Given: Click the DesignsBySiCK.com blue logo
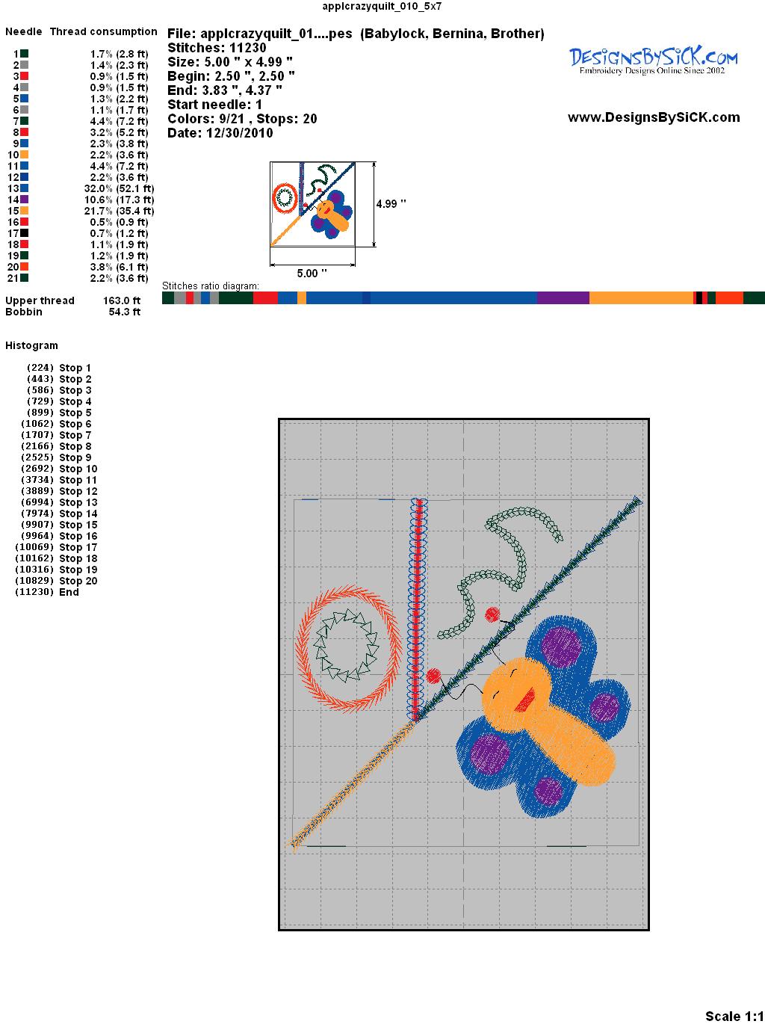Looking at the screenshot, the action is click(x=653, y=61).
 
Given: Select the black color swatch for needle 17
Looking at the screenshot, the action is click(x=24, y=232).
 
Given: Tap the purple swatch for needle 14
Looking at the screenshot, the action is click(x=24, y=200).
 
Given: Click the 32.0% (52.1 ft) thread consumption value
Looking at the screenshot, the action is click(x=119, y=188).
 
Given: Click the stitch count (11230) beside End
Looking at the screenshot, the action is click(x=34, y=592).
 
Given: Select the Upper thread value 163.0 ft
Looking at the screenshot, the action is click(x=122, y=300).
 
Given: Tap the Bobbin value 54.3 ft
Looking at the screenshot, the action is click(x=125, y=312).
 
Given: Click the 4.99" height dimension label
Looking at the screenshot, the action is click(x=391, y=204).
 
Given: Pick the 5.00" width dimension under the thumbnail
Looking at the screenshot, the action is click(x=312, y=273).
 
